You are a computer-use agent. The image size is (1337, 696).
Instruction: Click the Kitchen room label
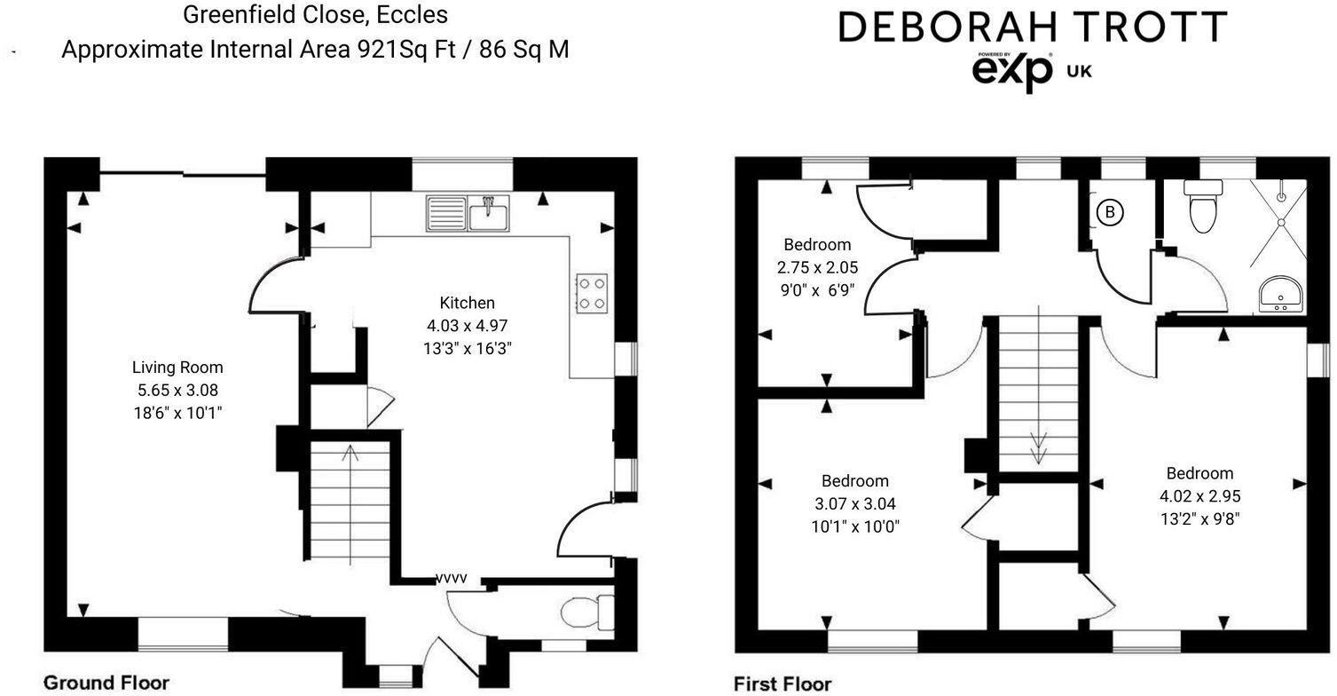click(467, 303)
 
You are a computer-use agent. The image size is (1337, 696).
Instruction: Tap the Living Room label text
click(177, 367)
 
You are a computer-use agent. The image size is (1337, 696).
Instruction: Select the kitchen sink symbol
click(468, 214)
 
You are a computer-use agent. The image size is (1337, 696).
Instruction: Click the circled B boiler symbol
click(1108, 212)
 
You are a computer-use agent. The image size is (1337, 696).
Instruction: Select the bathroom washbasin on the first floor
click(1280, 292)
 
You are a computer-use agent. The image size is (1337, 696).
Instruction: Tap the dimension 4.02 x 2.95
click(1199, 496)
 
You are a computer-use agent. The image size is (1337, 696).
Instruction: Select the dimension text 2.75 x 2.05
click(817, 266)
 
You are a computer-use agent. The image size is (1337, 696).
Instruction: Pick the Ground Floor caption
click(106, 682)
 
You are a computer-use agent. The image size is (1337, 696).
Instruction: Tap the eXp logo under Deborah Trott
click(1012, 72)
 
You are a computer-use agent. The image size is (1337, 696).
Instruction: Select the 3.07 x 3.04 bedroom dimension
click(854, 503)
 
